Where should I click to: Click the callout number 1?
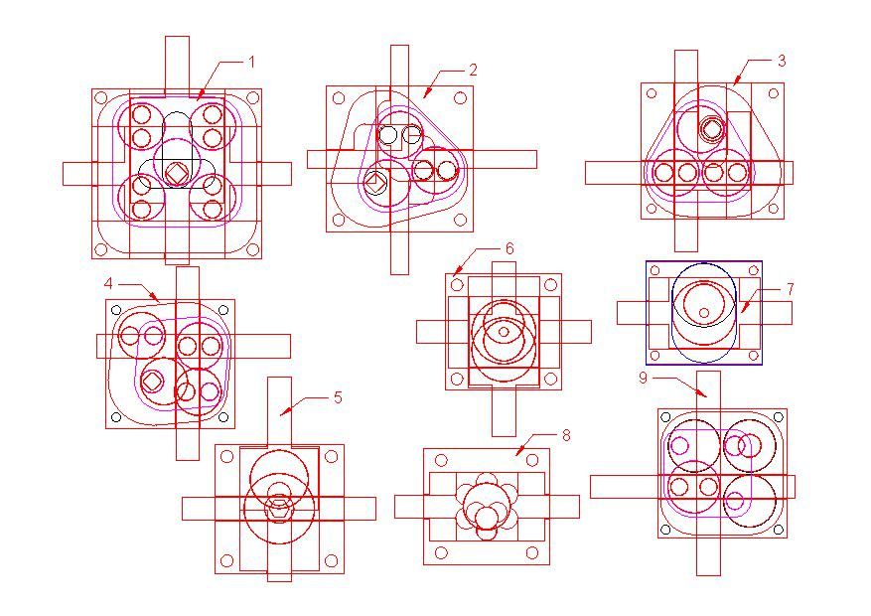[x=251, y=62]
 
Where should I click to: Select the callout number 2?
[x=473, y=70]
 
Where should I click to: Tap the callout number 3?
[x=782, y=61]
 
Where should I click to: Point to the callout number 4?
[x=108, y=284]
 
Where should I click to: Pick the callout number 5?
[x=338, y=397]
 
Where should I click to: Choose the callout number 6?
[x=509, y=248]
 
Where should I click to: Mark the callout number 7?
[x=790, y=289]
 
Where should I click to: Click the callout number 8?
[x=566, y=435]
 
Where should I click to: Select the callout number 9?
[x=643, y=378]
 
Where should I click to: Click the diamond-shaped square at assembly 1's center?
[x=177, y=173]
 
